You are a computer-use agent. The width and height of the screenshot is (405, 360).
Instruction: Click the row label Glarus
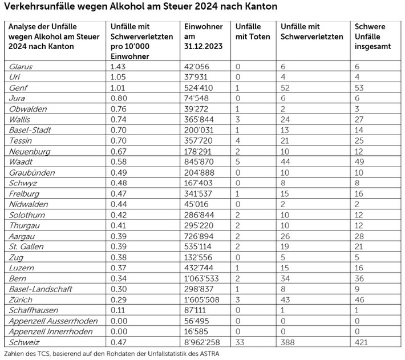point(21,67)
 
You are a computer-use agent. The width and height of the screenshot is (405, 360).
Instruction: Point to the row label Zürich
point(21,300)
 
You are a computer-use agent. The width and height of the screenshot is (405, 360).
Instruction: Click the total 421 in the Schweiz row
point(362,341)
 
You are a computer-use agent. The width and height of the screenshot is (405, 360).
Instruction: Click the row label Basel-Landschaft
point(40,289)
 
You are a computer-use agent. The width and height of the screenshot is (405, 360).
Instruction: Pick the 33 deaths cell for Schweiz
point(240,341)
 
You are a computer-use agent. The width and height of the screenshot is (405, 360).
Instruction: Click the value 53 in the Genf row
point(359,87)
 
